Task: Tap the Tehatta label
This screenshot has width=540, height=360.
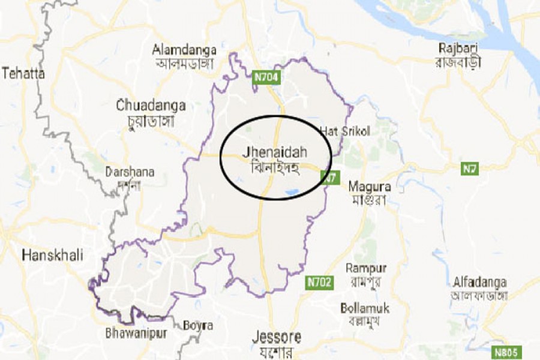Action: click(23, 73)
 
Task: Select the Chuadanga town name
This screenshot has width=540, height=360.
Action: click(151, 106)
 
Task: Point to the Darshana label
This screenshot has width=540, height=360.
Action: click(130, 172)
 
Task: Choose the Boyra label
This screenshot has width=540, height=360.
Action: click(197, 325)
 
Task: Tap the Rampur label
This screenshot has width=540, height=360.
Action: click(366, 268)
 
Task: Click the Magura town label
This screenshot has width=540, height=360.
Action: click(370, 187)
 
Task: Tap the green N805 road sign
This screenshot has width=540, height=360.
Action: click(508, 352)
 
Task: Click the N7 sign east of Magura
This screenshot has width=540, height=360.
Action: click(469, 170)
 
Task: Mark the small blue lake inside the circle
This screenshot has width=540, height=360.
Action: click(293, 193)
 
